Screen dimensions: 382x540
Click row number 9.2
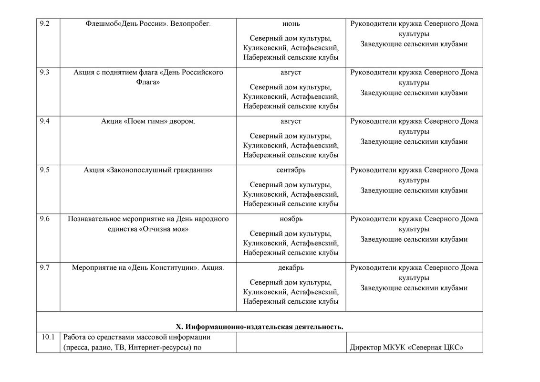point(44,23)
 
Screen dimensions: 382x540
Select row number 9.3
point(44,73)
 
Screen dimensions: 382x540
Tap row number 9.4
point(44,121)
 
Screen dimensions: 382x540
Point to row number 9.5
point(44,170)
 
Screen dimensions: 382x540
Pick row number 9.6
point(44,219)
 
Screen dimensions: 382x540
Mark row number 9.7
point(44,268)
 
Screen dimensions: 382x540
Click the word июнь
point(291,23)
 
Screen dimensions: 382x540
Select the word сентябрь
point(291,170)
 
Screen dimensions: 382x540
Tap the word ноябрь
point(291,219)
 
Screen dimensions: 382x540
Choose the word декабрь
point(291,268)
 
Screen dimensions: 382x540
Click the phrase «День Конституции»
point(163,268)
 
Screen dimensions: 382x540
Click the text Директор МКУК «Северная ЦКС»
point(406,348)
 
